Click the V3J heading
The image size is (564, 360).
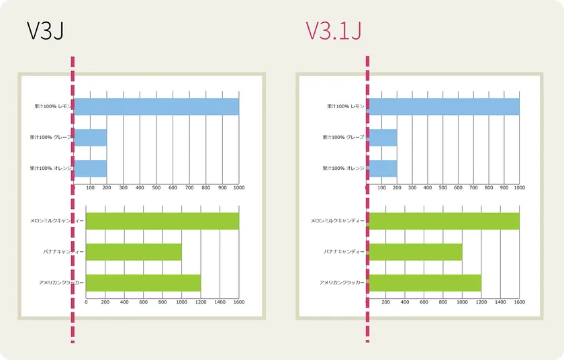45,31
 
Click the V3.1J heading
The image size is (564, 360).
334,31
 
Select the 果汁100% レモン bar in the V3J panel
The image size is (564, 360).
156,107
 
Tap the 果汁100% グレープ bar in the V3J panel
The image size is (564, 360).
90,138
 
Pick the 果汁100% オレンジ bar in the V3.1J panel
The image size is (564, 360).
382,168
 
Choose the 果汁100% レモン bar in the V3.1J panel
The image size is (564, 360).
443,107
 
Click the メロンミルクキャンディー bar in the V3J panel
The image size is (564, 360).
162,221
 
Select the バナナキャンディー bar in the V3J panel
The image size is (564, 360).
134,252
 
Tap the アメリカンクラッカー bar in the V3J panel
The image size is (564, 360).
143,283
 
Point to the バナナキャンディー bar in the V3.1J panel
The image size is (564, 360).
414,252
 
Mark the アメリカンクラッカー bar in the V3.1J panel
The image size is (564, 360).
424,283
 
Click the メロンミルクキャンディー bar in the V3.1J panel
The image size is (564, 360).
443,221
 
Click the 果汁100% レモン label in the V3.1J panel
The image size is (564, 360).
345,107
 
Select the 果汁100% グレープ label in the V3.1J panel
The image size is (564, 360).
342,138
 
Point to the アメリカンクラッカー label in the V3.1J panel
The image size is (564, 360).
342,283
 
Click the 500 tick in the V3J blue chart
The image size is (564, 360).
156,187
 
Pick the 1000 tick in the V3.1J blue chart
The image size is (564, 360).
519,187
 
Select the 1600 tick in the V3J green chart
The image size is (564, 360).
238,302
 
